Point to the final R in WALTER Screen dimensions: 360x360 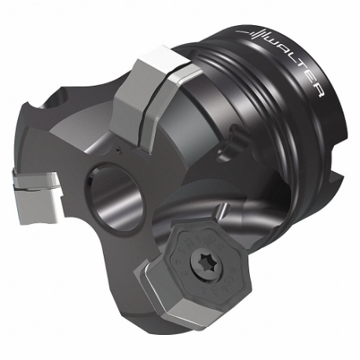[317, 93]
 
